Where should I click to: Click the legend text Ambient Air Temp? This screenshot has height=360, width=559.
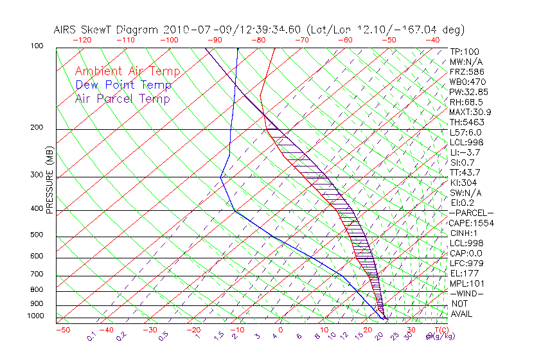click(127, 71)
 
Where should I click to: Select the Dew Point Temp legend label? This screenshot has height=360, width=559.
click(123, 85)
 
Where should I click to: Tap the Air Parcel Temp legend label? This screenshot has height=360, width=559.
click(123, 98)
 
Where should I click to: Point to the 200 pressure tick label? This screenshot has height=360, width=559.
click(37, 128)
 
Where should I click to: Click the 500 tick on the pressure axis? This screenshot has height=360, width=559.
click(37, 235)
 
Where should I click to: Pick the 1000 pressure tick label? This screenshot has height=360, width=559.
click(35, 316)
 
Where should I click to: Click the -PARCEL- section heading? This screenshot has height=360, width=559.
click(471, 213)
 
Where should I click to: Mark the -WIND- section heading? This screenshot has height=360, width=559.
click(467, 293)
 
